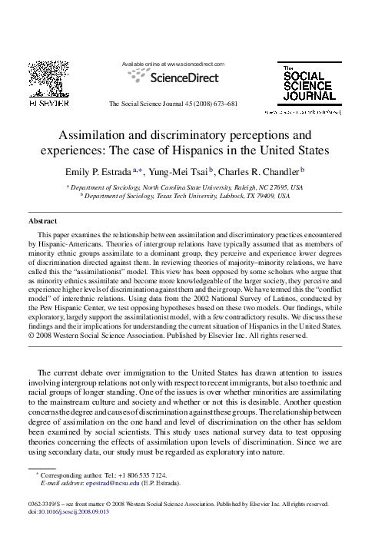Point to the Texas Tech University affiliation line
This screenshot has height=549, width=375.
point(187,197)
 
